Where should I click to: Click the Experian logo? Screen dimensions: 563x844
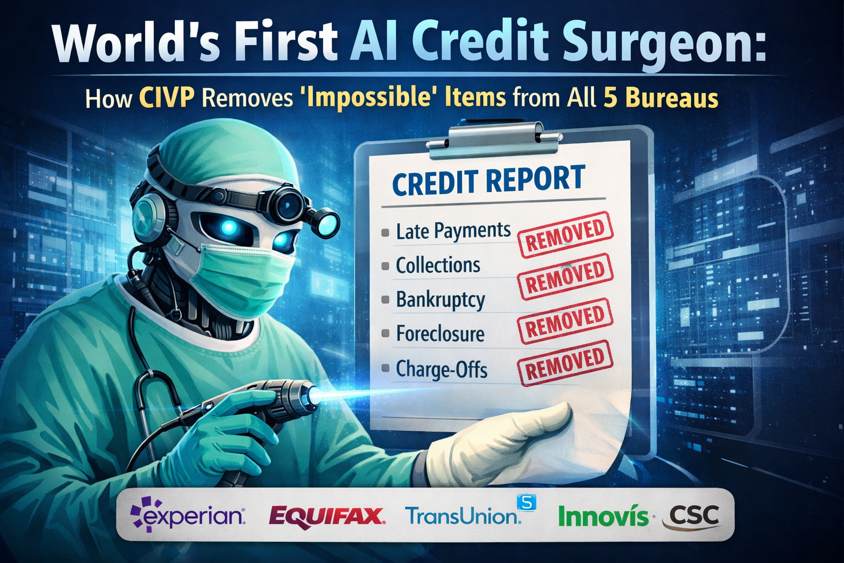click(188, 515)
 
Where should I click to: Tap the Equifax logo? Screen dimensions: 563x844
click(326, 516)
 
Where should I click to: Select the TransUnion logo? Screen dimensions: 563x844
click(463, 515)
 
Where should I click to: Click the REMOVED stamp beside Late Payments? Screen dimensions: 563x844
click(565, 234)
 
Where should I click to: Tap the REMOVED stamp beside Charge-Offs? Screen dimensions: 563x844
click(565, 362)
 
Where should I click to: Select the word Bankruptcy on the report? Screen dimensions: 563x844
click(441, 300)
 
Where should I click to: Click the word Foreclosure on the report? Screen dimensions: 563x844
click(440, 334)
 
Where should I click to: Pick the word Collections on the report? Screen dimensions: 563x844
click(438, 266)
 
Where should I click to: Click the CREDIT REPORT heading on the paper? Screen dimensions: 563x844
click(488, 181)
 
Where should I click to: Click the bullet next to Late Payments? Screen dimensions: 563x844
click(385, 233)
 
